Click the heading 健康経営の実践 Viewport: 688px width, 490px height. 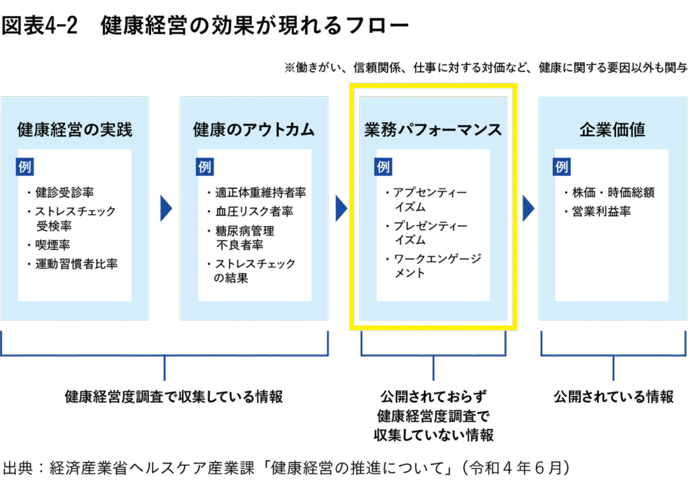(75, 130)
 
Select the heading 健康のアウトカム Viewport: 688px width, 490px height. (254, 130)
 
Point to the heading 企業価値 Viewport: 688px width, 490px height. (612, 130)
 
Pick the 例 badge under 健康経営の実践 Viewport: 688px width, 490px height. (25, 167)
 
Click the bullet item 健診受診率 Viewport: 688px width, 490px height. (64, 193)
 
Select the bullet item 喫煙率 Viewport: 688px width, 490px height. (53, 245)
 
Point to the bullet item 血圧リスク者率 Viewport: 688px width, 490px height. (249, 211)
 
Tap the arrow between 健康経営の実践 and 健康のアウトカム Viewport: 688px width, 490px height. (166, 208)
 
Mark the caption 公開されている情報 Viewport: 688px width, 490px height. (613, 397)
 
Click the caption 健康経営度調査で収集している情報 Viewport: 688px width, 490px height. (173, 397)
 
